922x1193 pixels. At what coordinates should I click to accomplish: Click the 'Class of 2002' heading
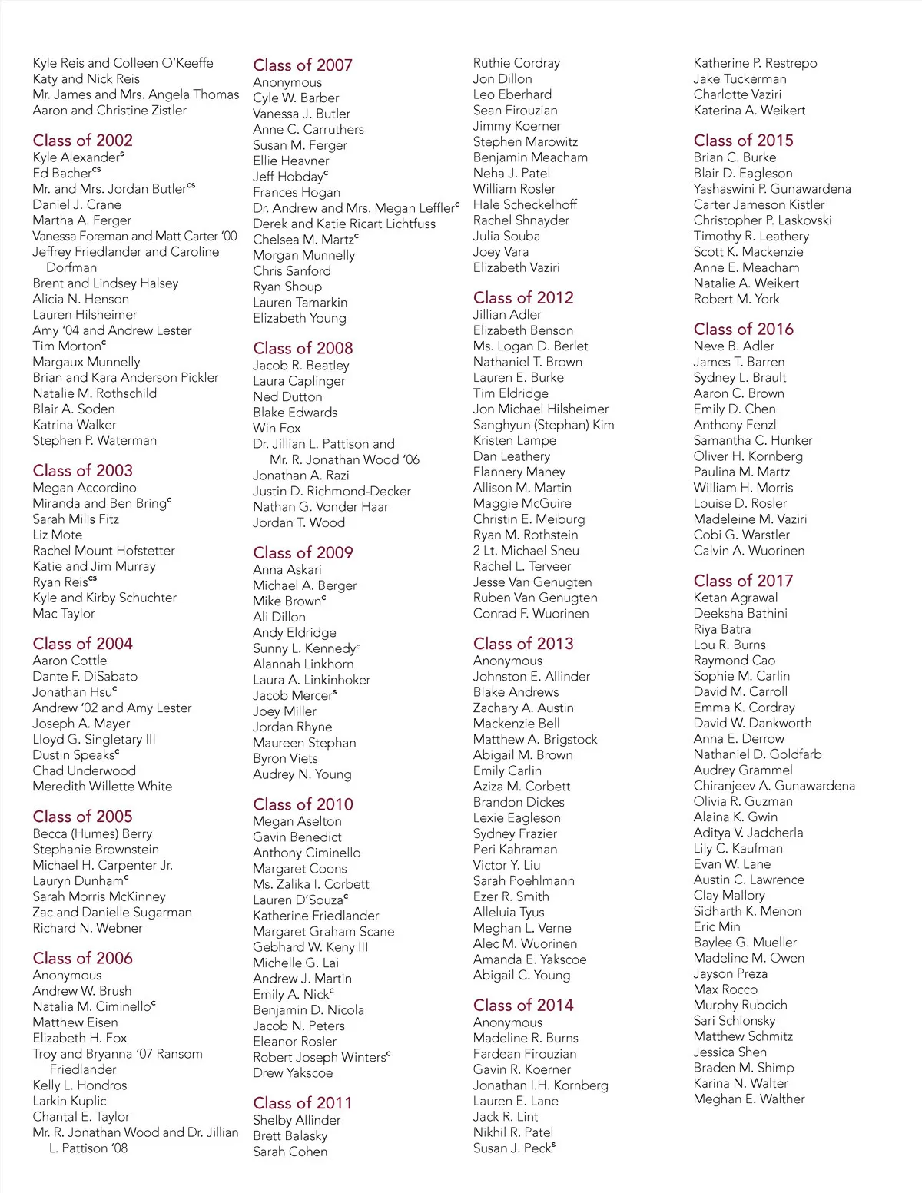click(x=82, y=140)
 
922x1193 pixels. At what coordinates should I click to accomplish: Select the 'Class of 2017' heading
click(x=743, y=581)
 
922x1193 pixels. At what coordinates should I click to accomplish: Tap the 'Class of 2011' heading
click(x=302, y=1102)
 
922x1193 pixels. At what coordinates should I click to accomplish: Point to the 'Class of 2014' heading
click(x=523, y=1005)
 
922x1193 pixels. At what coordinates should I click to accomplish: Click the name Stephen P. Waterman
click(x=95, y=440)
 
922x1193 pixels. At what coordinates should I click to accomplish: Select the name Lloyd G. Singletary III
click(x=94, y=739)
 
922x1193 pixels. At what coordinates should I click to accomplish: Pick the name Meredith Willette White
click(x=102, y=786)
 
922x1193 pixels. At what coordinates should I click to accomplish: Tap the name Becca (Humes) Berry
click(x=92, y=833)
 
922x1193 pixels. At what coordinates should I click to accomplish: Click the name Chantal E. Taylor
click(x=81, y=1116)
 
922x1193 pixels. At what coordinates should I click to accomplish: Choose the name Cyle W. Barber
click(x=296, y=98)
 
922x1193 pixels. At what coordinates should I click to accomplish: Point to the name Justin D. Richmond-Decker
click(x=332, y=491)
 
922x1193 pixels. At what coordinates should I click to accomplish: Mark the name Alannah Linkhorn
click(x=303, y=664)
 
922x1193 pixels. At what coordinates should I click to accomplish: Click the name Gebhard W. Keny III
click(x=310, y=946)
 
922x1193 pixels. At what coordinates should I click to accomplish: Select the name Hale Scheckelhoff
click(x=525, y=204)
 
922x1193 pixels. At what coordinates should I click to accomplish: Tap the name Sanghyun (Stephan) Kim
click(x=543, y=424)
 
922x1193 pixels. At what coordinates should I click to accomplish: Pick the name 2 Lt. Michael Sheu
click(x=526, y=550)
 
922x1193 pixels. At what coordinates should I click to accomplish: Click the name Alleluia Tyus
click(x=509, y=912)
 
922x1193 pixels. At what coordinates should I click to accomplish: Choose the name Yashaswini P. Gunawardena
click(x=772, y=188)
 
